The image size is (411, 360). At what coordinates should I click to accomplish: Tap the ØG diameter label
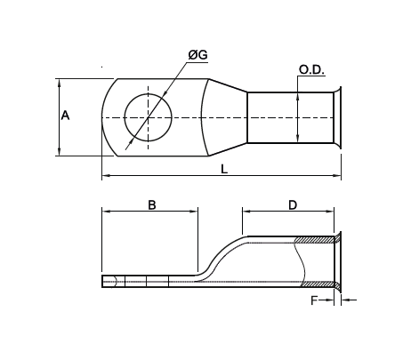click(x=197, y=55)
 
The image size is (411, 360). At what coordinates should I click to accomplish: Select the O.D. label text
click(x=310, y=69)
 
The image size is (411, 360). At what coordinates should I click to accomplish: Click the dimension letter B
click(x=152, y=204)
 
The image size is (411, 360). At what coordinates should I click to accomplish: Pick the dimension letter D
click(x=293, y=204)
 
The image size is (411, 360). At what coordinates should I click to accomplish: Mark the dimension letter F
click(x=313, y=301)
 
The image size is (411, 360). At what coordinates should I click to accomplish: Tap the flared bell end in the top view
click(x=336, y=116)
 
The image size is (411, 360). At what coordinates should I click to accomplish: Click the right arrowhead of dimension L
click(x=338, y=176)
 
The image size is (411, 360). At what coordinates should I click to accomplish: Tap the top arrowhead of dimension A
click(x=60, y=83)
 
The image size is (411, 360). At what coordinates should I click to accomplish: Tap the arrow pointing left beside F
click(x=346, y=300)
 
